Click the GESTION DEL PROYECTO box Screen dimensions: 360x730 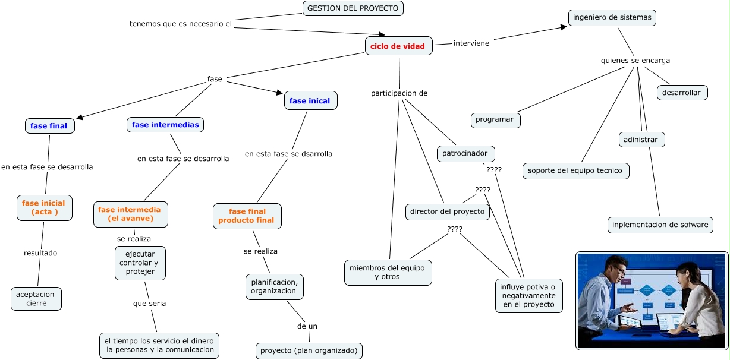pos(353,8)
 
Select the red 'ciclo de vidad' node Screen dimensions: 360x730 pos(398,46)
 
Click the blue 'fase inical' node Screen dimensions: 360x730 pos(310,101)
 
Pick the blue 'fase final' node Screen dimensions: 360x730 pos(49,126)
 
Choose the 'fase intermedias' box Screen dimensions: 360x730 pos(165,125)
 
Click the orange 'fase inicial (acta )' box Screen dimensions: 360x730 pos(44,207)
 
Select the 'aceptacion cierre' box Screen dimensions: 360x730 pos(36,299)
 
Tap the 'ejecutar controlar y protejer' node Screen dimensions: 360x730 pos(140,263)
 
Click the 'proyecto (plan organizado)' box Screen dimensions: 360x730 pos(309,350)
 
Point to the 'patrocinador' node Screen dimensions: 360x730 pos(465,154)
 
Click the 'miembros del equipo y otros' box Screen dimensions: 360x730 pos(388,272)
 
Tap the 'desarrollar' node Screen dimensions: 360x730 pos(681,93)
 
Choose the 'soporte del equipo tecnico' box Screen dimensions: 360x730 pos(575,171)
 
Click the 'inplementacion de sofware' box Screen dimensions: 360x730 pos(660,225)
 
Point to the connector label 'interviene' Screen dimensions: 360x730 pos(471,43)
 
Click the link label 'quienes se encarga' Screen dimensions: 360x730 pos(635,60)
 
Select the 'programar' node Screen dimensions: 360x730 pos(495,119)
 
